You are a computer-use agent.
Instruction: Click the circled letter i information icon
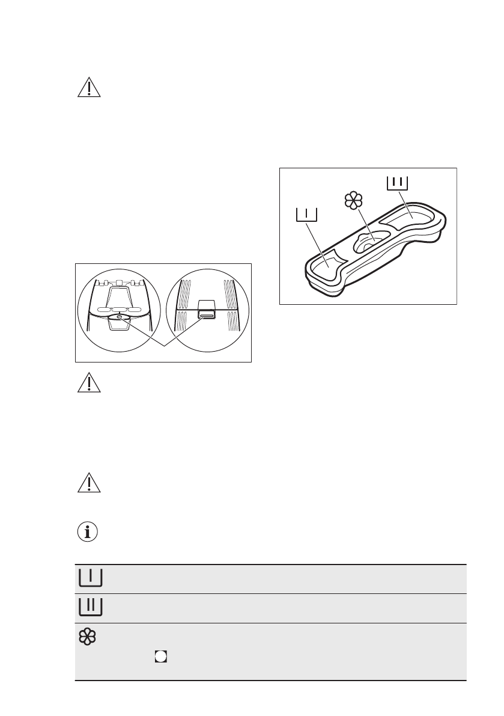tap(88, 532)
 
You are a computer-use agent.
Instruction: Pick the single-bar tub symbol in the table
tap(90, 578)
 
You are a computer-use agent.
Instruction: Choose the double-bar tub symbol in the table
tap(90, 607)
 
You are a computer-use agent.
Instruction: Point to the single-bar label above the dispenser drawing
tap(306, 215)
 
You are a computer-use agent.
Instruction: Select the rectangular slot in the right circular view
tap(206, 314)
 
